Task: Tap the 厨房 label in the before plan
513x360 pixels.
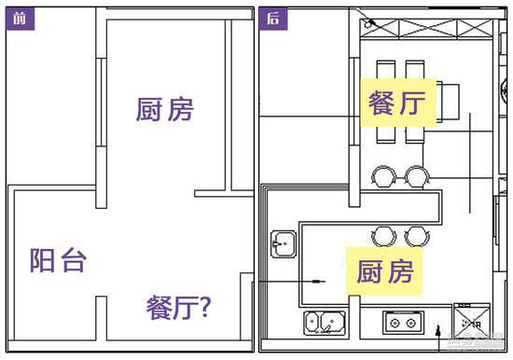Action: (x=164, y=110)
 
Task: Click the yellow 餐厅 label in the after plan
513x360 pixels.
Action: (x=397, y=103)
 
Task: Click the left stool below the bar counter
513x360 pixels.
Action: (x=381, y=234)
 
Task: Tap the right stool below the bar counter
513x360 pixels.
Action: (x=413, y=234)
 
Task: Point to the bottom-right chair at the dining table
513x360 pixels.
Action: (x=414, y=132)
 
